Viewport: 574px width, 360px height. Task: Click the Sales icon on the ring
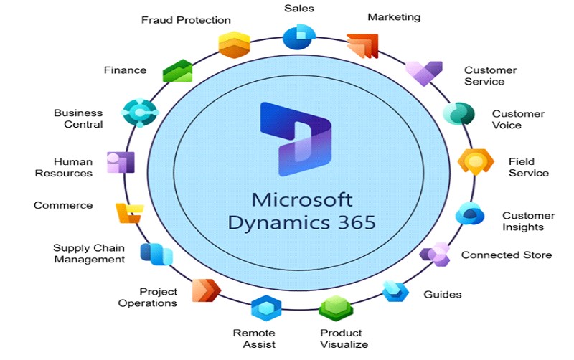(299, 37)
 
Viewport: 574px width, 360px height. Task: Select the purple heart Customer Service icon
(423, 72)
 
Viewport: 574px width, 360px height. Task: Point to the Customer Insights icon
(471, 213)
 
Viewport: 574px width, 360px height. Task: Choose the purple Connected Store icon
(436, 254)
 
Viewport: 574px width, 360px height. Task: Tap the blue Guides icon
(395, 290)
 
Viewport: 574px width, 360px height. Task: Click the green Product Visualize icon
(336, 309)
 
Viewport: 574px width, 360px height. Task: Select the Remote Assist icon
(265, 308)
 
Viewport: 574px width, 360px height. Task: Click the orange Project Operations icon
(206, 290)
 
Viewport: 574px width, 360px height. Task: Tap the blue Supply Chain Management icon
(156, 254)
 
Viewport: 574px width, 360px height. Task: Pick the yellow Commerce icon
(130, 212)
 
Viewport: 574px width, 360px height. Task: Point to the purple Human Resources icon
(121, 162)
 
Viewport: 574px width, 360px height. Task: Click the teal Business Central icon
(139, 113)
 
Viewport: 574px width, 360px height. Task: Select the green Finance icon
(178, 71)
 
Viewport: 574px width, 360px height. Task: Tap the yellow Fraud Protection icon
(234, 44)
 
